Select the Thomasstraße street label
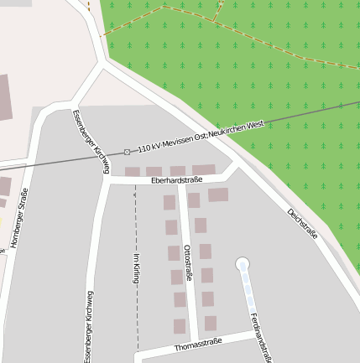(197, 344)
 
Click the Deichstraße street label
(302, 224)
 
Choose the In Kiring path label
(136, 268)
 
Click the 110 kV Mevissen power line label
(201, 134)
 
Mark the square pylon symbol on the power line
(128, 152)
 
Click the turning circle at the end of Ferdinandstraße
(243, 265)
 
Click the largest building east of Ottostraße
(218, 194)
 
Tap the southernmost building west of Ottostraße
(180, 325)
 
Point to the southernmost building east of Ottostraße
(210, 323)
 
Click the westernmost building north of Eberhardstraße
(133, 172)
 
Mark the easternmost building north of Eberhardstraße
(204, 170)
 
